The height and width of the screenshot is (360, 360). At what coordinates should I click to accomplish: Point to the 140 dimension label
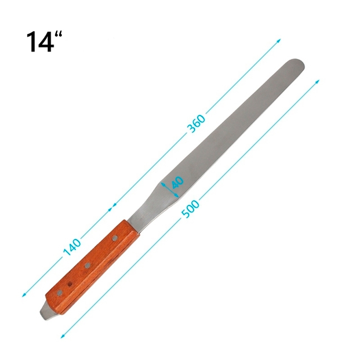coord(72,246)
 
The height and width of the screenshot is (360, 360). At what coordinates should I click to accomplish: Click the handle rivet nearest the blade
coord(115,237)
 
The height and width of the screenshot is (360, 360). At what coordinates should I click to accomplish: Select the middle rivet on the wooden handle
coord(88,265)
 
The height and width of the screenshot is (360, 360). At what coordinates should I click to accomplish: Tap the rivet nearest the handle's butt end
coord(60,293)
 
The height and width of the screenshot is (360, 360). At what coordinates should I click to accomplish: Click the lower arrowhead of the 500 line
coord(62,336)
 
